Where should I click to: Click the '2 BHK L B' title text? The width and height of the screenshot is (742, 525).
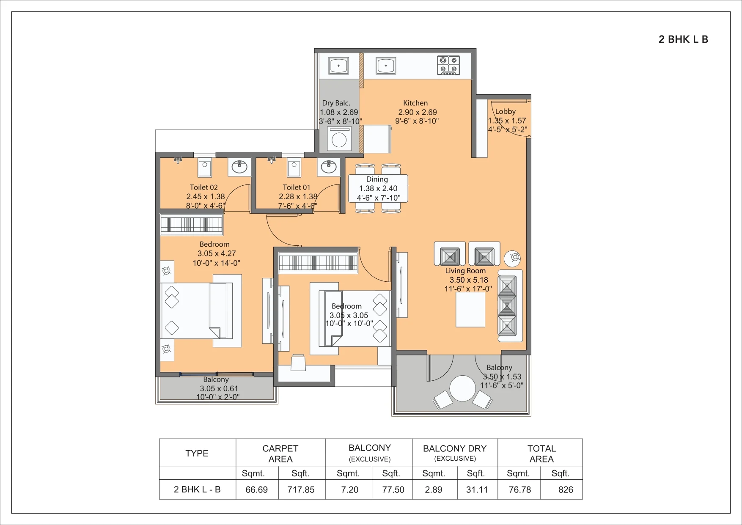[x=683, y=39]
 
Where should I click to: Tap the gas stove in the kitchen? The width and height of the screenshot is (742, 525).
[x=448, y=66]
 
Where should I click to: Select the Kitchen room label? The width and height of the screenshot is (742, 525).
[x=415, y=103]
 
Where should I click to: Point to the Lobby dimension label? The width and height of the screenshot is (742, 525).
[x=507, y=121]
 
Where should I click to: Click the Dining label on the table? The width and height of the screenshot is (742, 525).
[x=377, y=179]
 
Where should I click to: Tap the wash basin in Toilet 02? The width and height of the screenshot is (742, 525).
[x=239, y=166]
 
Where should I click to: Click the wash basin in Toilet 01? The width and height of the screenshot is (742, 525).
[x=329, y=167]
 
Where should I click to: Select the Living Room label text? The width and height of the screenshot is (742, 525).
[x=465, y=271]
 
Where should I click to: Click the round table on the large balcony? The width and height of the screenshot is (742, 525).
[x=463, y=388]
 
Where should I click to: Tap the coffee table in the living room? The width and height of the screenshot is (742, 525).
[x=470, y=309]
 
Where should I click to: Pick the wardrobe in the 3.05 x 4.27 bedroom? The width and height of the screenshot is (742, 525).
[x=192, y=224]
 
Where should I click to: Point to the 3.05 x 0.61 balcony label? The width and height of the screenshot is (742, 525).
[x=219, y=388]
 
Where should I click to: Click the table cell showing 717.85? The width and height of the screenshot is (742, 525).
[x=301, y=489]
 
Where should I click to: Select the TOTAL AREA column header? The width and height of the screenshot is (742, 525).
[x=541, y=454]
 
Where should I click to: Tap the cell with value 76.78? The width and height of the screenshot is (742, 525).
[x=519, y=489]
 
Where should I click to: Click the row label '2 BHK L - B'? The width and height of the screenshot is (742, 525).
[x=197, y=489]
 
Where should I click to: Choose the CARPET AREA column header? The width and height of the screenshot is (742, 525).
[x=280, y=454]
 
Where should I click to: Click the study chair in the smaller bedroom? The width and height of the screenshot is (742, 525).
[x=298, y=363]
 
